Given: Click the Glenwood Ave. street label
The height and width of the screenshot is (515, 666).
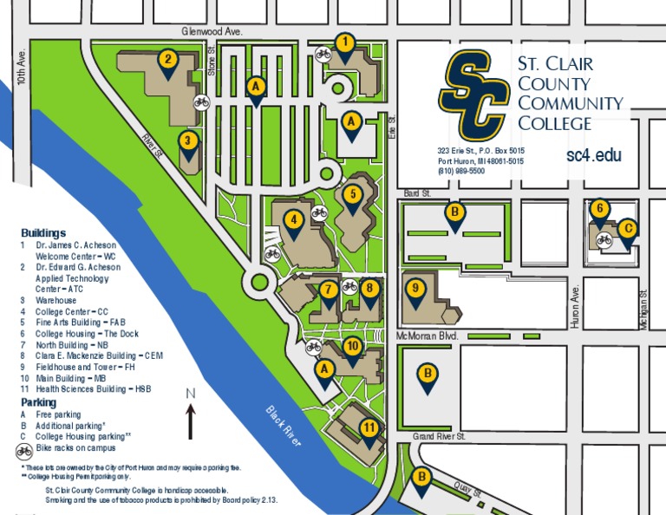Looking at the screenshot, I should pos(212,31).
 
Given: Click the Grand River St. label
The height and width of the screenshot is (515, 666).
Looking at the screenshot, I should pos(440,436).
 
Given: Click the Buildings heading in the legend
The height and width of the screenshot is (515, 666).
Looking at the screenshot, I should pos(43,233).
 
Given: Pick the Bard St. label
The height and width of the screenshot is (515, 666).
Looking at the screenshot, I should pos(417,194).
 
